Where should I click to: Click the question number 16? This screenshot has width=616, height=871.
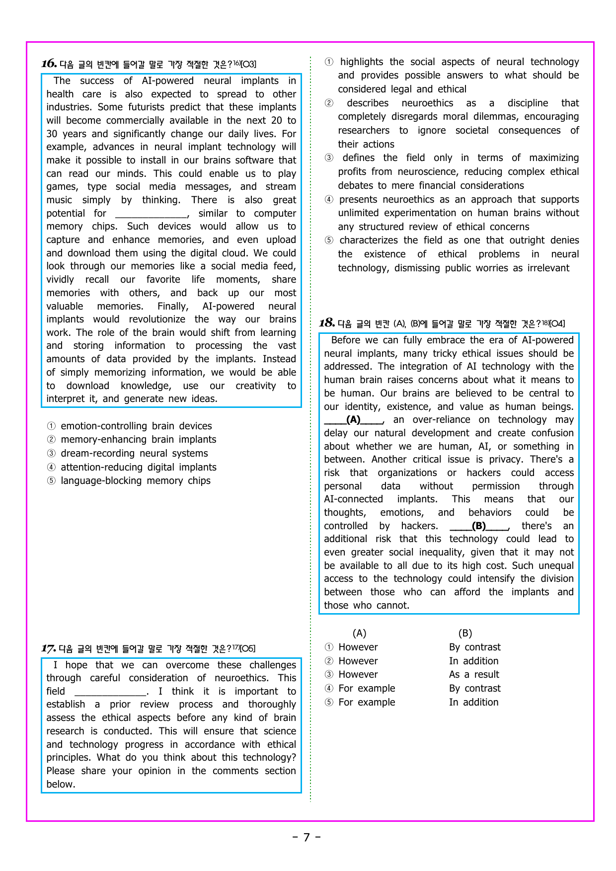click(49, 64)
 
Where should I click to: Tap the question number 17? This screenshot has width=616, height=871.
click(48, 648)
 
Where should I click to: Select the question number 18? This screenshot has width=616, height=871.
click(326, 323)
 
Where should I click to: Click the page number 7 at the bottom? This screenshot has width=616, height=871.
click(307, 837)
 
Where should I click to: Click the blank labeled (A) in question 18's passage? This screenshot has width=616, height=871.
click(353, 420)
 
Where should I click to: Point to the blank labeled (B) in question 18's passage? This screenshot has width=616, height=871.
click(479, 526)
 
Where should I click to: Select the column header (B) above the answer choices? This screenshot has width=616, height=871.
click(465, 633)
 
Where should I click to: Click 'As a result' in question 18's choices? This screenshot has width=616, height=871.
click(474, 674)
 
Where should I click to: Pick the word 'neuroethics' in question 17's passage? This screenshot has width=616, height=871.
click(241, 678)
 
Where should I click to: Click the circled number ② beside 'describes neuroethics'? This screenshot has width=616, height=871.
click(329, 103)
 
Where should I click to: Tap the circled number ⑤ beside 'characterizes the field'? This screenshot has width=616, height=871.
click(329, 240)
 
